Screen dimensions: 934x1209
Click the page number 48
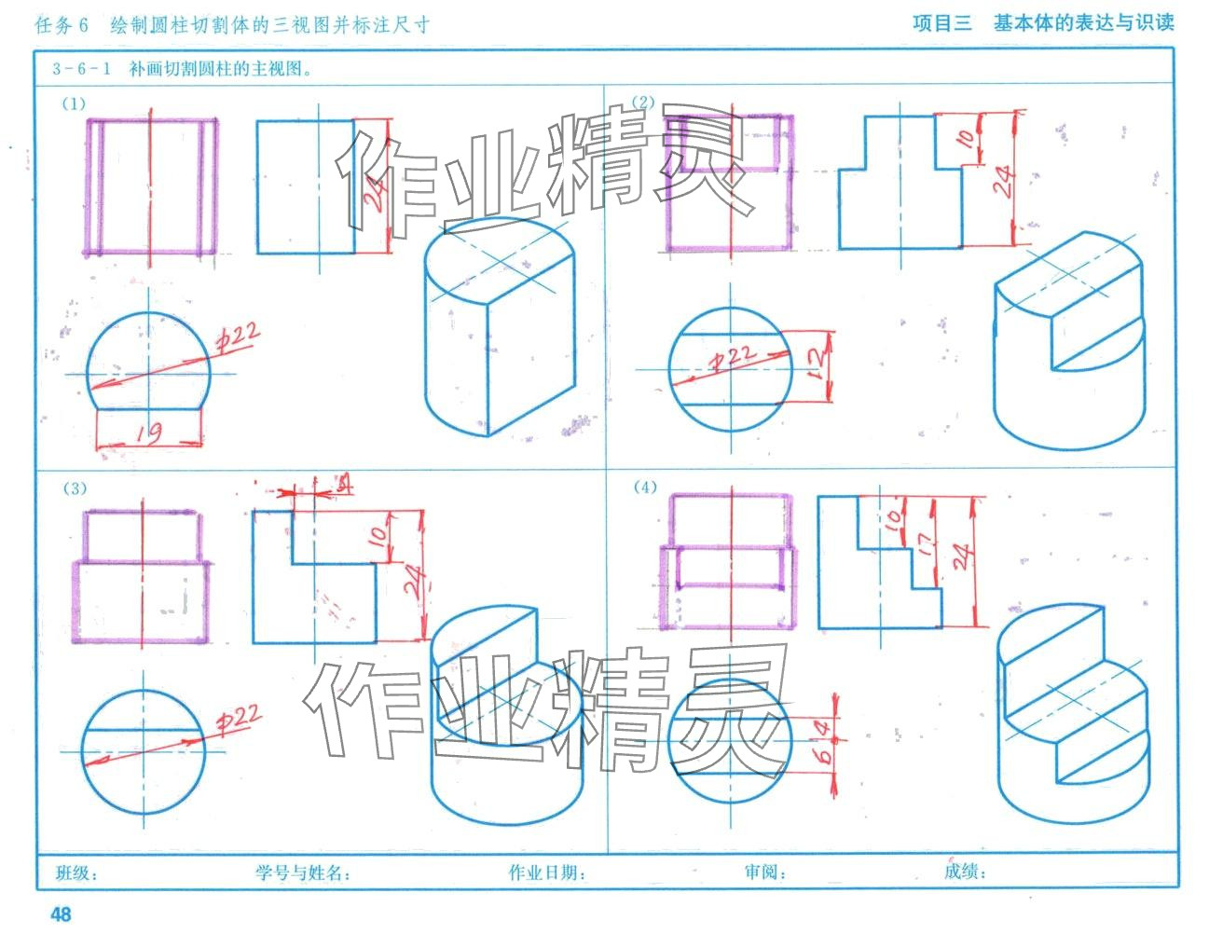61,913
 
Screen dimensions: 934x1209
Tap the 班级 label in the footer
76,872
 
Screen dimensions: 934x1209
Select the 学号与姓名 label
302,872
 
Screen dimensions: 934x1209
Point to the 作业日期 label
546,872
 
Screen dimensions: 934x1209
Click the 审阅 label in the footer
764,872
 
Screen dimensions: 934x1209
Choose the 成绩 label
964,872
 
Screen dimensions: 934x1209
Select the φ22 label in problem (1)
240,337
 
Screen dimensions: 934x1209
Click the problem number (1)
74,103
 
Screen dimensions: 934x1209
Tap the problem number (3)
75,488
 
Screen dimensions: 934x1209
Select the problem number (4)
645,487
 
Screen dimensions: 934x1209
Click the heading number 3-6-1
82,68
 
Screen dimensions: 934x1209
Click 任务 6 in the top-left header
62,25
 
